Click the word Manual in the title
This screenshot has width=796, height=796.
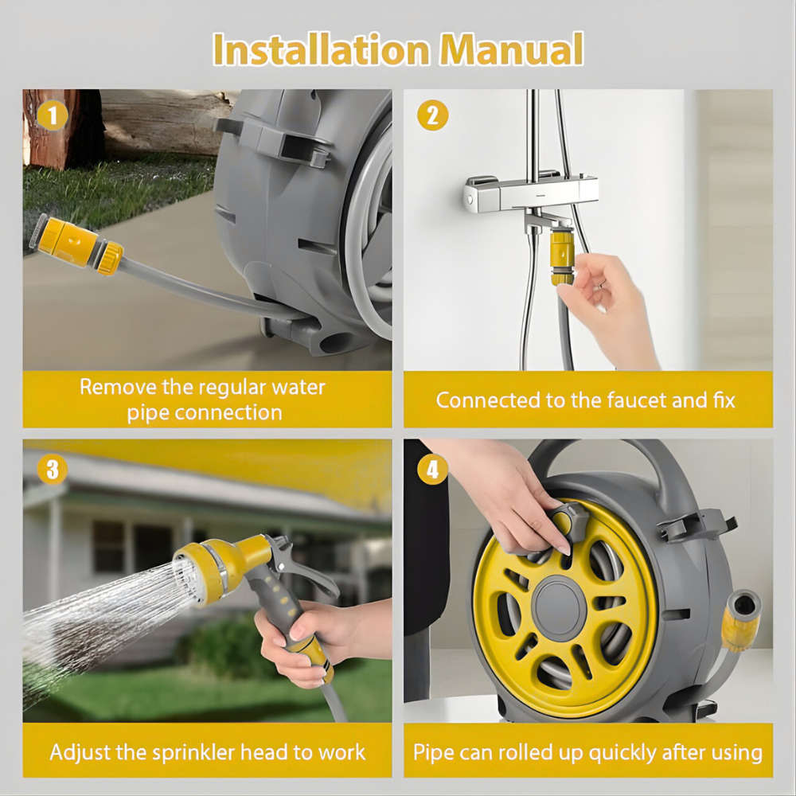point(512,50)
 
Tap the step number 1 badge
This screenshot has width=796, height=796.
point(53,116)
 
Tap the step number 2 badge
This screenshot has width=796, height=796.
point(432,116)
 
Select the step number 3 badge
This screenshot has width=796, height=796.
point(53,469)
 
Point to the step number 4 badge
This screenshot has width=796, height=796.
point(432,469)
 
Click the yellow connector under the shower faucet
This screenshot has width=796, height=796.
point(562,253)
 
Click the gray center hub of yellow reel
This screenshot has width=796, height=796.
point(560,607)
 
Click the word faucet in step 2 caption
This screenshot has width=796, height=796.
point(634,400)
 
